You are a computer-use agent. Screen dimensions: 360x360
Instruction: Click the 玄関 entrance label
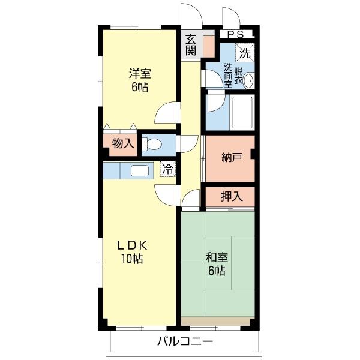click(191, 45)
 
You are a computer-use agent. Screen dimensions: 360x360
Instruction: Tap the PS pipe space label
click(235, 34)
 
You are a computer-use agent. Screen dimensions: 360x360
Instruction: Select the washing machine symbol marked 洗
click(245, 53)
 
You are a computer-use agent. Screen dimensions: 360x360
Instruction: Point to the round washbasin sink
click(248, 81)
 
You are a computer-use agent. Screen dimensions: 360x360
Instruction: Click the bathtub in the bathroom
click(242, 113)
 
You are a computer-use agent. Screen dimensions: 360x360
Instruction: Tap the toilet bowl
click(152, 144)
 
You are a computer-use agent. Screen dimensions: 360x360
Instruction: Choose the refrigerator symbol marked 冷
click(168, 169)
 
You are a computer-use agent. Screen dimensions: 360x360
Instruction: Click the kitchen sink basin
click(140, 171)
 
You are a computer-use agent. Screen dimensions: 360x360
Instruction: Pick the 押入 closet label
click(232, 197)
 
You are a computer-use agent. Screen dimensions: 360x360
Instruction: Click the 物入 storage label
click(123, 144)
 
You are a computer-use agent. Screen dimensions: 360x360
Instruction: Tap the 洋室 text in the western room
click(140, 74)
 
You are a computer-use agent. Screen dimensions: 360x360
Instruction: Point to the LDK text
click(132, 246)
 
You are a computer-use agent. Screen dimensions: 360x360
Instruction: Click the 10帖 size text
click(132, 259)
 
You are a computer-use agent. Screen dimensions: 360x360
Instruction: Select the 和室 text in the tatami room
click(217, 257)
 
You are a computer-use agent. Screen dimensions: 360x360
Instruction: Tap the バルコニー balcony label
click(185, 341)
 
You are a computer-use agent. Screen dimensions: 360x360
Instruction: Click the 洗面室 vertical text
click(228, 76)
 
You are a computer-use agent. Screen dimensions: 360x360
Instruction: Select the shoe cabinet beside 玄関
click(209, 47)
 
